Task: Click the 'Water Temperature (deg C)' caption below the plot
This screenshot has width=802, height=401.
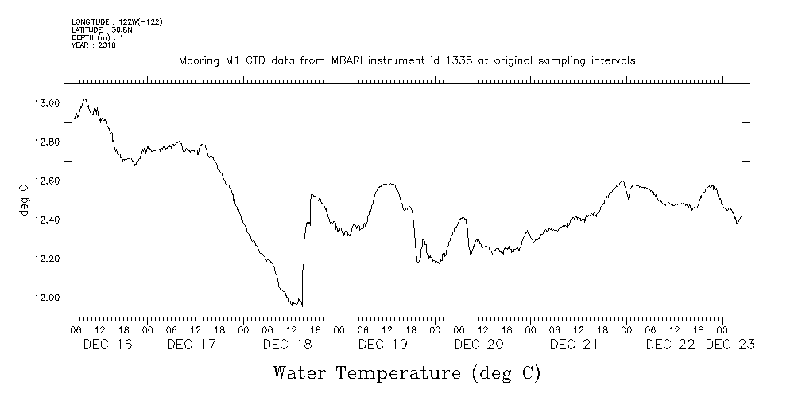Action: point(407,372)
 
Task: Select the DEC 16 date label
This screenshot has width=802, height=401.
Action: point(107,345)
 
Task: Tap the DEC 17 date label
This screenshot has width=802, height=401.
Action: point(192,345)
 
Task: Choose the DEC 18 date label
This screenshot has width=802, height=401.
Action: point(287,345)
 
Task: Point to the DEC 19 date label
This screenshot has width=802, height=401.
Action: point(382,345)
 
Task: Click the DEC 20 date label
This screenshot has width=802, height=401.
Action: point(478,345)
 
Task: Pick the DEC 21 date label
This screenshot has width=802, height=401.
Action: point(574,345)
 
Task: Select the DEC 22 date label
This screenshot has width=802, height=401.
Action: point(670,345)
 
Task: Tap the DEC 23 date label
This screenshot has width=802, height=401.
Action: point(730,345)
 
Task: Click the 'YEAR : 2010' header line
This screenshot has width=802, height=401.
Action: point(95,45)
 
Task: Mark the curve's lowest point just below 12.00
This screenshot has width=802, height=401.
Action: point(302,306)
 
